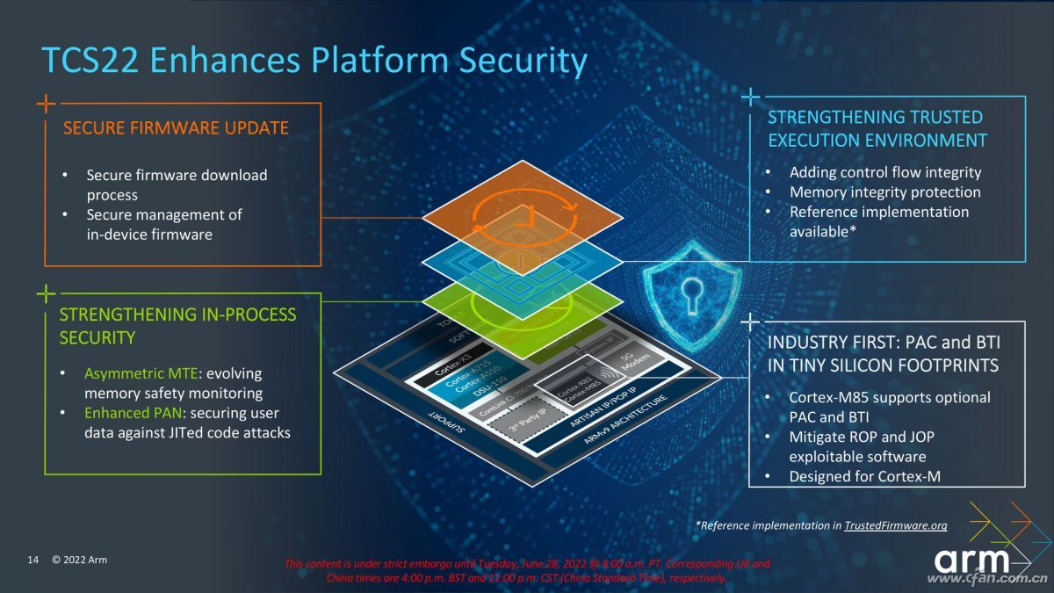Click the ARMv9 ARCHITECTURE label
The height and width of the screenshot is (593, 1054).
(618, 421)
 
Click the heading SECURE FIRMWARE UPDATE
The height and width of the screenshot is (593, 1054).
(176, 128)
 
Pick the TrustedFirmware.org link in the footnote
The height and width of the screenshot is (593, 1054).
(895, 525)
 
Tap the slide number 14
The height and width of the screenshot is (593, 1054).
(33, 560)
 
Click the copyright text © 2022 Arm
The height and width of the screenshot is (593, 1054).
(79, 560)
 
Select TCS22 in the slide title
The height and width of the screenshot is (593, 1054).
(90, 61)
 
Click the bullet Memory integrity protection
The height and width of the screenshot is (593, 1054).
(884, 192)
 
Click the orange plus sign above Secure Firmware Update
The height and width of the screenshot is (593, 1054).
(46, 104)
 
